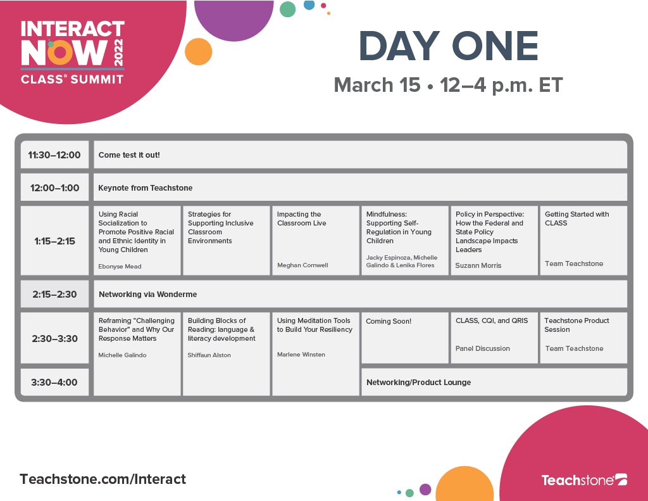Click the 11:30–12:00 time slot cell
click(x=54, y=155)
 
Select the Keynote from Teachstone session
click(x=145, y=187)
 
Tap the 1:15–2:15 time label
click(x=54, y=241)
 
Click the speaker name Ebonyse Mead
click(x=120, y=267)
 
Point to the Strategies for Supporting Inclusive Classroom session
click(x=220, y=227)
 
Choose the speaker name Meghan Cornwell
click(x=302, y=265)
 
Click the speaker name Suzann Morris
click(x=478, y=265)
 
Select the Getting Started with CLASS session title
click(x=576, y=219)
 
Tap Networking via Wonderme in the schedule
click(x=147, y=294)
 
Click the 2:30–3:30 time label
click(x=54, y=338)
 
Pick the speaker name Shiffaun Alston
click(x=209, y=355)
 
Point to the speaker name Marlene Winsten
click(x=301, y=355)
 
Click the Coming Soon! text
click(x=389, y=321)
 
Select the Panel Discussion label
click(x=483, y=348)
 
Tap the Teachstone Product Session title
click(x=576, y=325)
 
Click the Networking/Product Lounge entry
click(x=418, y=382)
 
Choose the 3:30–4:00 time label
click(x=54, y=382)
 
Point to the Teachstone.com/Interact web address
click(x=103, y=479)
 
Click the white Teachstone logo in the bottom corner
click(x=583, y=480)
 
